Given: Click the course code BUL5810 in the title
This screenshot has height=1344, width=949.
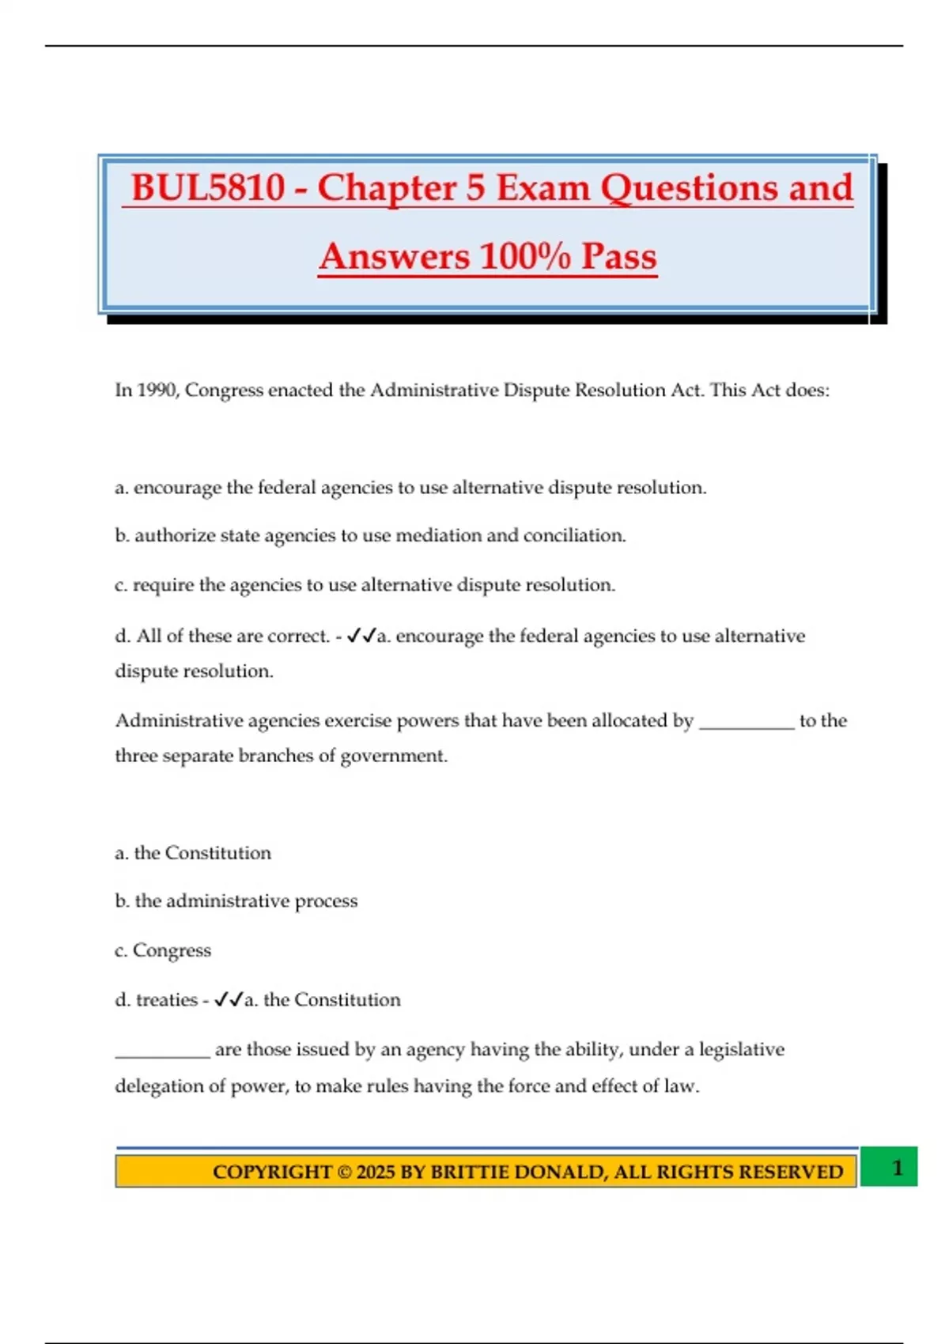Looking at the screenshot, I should tap(208, 188).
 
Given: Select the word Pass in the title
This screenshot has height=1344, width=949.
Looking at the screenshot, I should tap(619, 257).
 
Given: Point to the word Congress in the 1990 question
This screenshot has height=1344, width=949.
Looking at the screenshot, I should tap(224, 391).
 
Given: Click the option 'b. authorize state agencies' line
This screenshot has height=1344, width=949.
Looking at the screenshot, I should tap(370, 536).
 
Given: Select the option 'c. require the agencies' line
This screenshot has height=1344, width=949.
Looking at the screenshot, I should tap(365, 585).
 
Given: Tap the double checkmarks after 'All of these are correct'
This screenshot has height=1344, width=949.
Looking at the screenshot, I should tap(361, 636).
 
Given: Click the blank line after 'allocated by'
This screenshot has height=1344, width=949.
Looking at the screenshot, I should tap(747, 723).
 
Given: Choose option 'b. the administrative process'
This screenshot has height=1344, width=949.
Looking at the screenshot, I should tap(236, 901).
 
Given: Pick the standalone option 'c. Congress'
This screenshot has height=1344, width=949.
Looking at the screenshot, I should tap(163, 950).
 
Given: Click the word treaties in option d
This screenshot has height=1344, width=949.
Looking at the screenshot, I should tap(166, 1000).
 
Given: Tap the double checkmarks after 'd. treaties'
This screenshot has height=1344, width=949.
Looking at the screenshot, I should tap(228, 1000).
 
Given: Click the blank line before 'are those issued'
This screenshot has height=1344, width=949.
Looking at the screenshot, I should tap(162, 1051).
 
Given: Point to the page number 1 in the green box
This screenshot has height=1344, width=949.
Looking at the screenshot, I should tap(897, 1168).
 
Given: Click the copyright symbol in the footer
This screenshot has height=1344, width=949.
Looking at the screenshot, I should tap(344, 1172).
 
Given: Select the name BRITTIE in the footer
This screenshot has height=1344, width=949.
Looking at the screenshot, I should tap(470, 1172).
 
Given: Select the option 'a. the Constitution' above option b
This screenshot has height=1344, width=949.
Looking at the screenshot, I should tap(193, 853).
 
